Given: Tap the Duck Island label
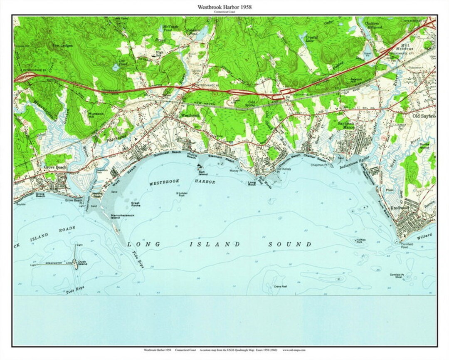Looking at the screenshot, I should tap(82, 263).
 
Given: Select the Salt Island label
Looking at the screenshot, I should tap(202, 172).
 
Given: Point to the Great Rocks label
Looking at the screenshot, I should tap(136, 204).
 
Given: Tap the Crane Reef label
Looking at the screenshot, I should tap(281, 286).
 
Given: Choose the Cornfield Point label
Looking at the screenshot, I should tap(407, 246).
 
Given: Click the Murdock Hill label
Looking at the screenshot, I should tap(96, 115).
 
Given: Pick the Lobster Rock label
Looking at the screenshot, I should tap(182, 194).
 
